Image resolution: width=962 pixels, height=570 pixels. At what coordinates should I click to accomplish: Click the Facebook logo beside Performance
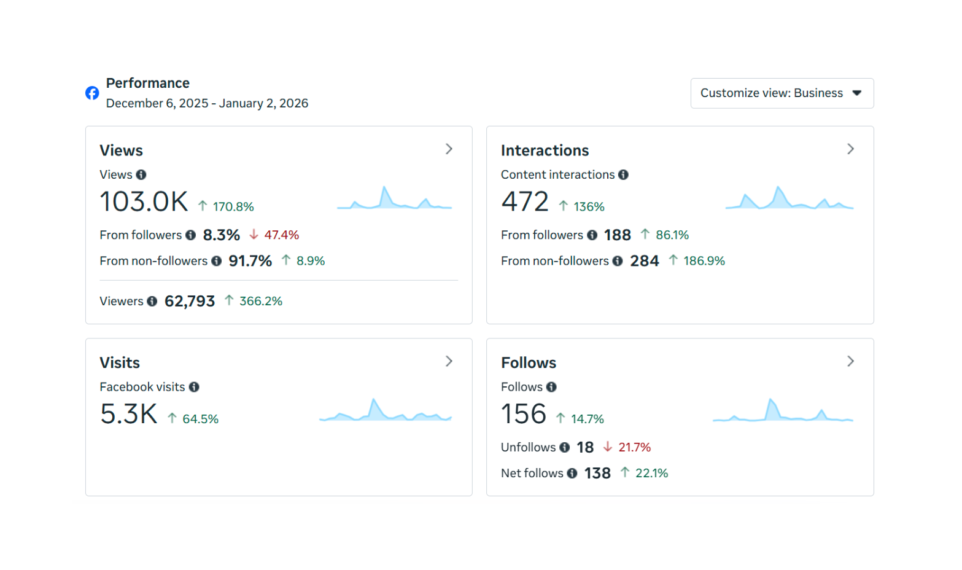click(92, 93)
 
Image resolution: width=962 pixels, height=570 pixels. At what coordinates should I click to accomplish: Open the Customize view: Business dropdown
click(782, 93)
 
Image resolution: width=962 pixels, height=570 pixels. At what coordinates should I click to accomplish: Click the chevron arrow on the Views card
click(449, 149)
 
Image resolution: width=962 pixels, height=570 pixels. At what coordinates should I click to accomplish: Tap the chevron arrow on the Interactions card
click(850, 149)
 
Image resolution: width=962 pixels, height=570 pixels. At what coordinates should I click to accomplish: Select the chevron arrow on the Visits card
click(449, 361)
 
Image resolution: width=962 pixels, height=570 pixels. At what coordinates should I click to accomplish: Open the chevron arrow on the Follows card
click(850, 361)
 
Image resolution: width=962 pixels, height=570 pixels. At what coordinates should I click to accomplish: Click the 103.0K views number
click(144, 202)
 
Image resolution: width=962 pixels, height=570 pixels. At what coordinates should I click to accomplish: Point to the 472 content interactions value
click(525, 202)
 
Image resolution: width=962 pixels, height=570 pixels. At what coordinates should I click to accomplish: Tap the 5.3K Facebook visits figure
click(129, 415)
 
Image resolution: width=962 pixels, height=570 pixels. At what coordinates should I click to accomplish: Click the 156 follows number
click(524, 415)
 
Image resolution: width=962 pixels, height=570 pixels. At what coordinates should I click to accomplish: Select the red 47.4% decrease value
click(281, 235)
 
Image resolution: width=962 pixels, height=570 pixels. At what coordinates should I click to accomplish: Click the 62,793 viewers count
click(190, 302)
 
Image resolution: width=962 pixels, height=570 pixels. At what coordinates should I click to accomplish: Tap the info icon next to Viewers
click(152, 302)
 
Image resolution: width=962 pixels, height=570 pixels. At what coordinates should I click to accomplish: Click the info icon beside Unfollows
click(565, 448)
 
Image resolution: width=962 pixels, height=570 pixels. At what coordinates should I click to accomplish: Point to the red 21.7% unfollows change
click(634, 448)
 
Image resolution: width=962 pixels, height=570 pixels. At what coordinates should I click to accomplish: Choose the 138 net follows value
click(597, 474)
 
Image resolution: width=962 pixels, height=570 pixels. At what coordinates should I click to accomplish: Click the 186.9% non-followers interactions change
click(704, 261)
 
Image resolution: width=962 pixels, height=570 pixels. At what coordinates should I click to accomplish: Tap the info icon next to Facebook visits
click(194, 387)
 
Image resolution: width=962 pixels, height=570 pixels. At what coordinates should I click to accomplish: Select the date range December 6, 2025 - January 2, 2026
click(207, 104)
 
